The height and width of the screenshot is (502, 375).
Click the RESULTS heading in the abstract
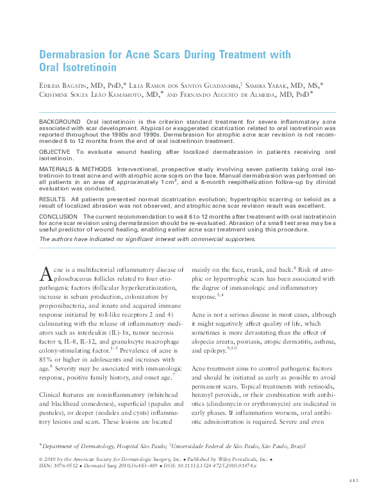(x=53, y=199)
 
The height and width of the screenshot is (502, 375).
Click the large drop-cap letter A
(x=45, y=274)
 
